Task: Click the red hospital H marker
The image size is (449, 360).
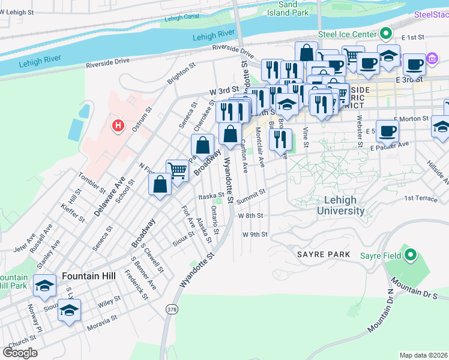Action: pyautogui.click(x=118, y=126)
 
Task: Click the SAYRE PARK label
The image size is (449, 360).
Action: pyautogui.click(x=324, y=254)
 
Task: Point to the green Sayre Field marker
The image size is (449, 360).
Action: pyautogui.click(x=410, y=256)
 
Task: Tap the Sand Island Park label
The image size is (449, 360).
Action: pyautogui.click(x=288, y=8)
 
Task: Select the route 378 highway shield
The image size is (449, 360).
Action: pyautogui.click(x=171, y=308)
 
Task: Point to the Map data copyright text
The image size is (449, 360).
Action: pyautogui.click(x=424, y=355)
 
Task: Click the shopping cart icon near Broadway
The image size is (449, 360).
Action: pyautogui.click(x=178, y=171)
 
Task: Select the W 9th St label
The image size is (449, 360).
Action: pyautogui.click(x=255, y=234)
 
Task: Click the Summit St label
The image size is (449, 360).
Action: pyautogui.click(x=250, y=194)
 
